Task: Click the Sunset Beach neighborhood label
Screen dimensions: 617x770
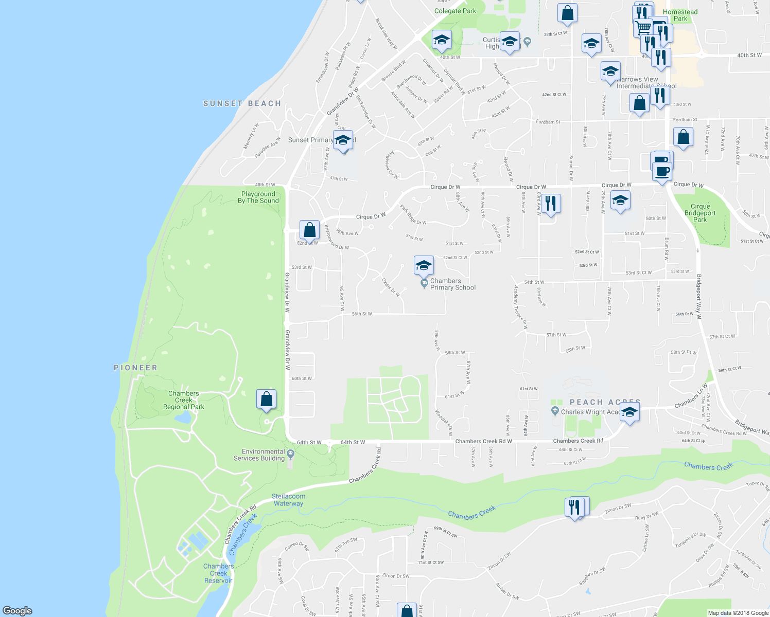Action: coord(242,103)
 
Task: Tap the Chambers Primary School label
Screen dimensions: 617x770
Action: coord(452,284)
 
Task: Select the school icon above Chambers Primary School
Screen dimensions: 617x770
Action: coord(424,265)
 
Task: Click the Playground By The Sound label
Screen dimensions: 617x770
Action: coord(258,197)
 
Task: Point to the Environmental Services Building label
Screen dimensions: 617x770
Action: coord(259,455)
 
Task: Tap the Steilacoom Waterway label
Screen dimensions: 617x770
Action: coord(288,500)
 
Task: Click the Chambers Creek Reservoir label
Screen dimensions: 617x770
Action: coord(218,573)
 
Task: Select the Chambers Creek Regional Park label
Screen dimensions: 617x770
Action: coord(184,400)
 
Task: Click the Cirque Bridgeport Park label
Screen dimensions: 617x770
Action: coord(700,213)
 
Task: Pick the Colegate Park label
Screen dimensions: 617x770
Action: coord(455,11)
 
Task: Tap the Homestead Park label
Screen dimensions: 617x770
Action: coord(680,15)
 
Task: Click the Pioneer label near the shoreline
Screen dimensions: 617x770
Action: coord(135,368)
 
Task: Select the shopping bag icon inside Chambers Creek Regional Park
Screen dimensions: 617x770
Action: coord(266,399)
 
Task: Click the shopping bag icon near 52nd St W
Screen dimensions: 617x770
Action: coord(309,230)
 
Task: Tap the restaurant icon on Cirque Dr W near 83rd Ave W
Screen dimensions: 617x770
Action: coord(551,204)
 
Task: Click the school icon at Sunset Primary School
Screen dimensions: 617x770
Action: coord(342,140)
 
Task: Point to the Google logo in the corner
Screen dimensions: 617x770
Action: coord(17,611)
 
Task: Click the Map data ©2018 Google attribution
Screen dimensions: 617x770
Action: coord(738,613)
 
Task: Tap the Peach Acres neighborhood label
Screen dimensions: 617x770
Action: coord(605,402)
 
